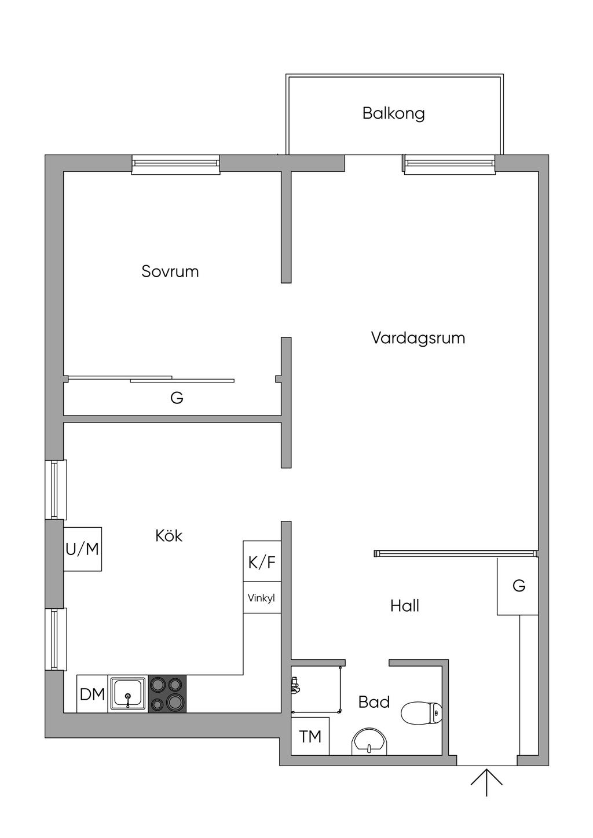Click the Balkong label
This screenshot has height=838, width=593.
coord(393,113)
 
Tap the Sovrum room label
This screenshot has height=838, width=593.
coord(170,271)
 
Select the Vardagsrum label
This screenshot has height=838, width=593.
coord(418,338)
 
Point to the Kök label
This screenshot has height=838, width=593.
coord(169,536)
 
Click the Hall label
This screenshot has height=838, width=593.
coord(404,606)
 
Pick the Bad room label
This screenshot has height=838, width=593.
coord(374,702)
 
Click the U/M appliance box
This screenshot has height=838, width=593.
coord(82,549)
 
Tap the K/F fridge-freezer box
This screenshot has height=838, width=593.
coord(262,561)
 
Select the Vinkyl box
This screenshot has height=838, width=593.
coord(262,598)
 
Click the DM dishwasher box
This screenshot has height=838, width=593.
coord(92,694)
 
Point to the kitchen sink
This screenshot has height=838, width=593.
coord(129,693)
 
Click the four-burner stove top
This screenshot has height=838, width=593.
coord(167,694)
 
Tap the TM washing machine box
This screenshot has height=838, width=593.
coord(310,736)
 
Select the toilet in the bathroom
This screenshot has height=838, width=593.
coord(421,713)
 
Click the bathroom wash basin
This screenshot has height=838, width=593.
coord(369,741)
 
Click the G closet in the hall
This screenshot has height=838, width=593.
coord(518,586)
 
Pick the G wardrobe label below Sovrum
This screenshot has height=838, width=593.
coord(177,398)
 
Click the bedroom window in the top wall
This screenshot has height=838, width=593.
coord(175,164)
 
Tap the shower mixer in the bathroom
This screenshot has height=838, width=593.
coord(295,685)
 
